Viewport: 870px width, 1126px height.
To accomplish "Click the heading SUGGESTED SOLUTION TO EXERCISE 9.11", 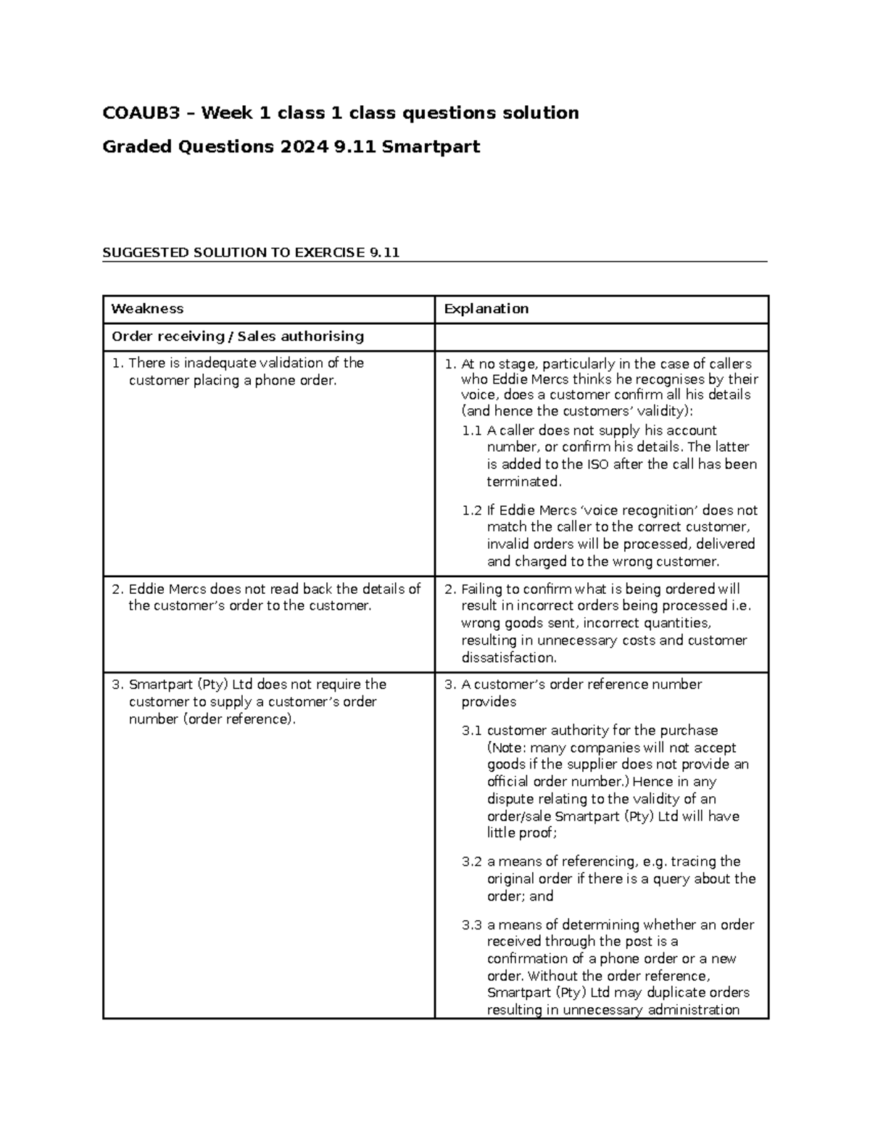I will pos(251,252).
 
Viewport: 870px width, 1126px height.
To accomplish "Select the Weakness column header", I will pos(147,309).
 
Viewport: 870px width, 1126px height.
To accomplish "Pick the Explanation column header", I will pos(486,309).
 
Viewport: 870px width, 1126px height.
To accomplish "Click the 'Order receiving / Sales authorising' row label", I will pos(237,336).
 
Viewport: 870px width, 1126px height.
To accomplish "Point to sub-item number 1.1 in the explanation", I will pos(471,431).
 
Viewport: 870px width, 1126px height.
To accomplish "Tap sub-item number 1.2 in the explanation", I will pos(471,510).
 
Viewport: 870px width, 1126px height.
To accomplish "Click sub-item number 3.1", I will pos(471,731).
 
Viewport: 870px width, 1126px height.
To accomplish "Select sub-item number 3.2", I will pos(471,862).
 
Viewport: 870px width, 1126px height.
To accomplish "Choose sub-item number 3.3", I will pos(471,925).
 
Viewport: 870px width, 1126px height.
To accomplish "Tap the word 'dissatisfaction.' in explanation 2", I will pos(509,658).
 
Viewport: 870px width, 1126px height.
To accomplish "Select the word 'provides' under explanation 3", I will pos(489,702).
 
